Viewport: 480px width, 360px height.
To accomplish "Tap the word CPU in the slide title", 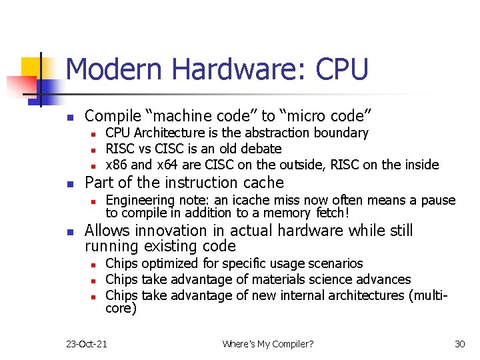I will (x=342, y=70).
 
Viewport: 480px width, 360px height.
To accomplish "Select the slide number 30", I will (x=459, y=344).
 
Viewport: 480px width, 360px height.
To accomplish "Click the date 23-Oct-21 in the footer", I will (x=87, y=344).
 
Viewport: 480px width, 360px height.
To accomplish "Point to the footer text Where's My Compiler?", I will (x=268, y=344).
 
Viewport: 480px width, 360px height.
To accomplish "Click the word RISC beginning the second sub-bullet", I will (x=120, y=149).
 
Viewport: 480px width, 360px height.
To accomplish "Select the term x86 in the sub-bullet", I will (x=117, y=165).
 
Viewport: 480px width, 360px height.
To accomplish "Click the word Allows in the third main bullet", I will (x=108, y=231).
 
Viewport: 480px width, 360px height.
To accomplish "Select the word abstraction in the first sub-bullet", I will (x=261, y=133).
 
